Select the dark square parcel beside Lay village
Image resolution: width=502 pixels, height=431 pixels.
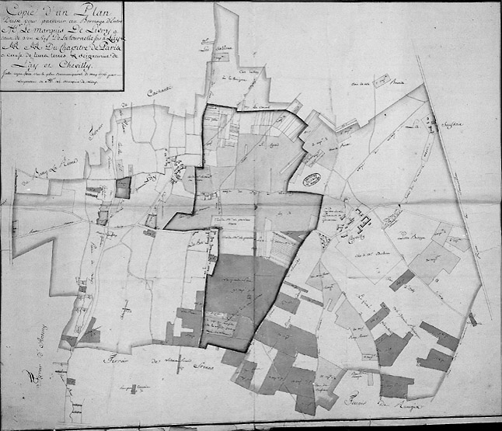pyautogui.click(x=124, y=186)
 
